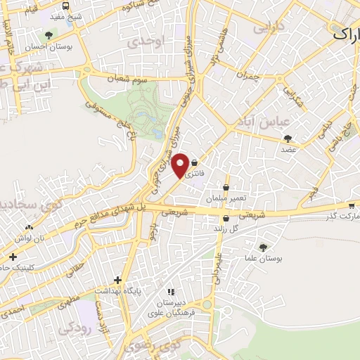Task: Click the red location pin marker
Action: click(180, 165)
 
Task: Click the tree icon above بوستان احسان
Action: click(48, 34)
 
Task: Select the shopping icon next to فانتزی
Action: click(193, 162)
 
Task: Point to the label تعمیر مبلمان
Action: click(226, 198)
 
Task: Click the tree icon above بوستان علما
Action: click(263, 247)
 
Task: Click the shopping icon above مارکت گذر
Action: click(351, 206)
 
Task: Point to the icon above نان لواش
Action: click(29, 227)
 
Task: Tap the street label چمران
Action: click(249, 75)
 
